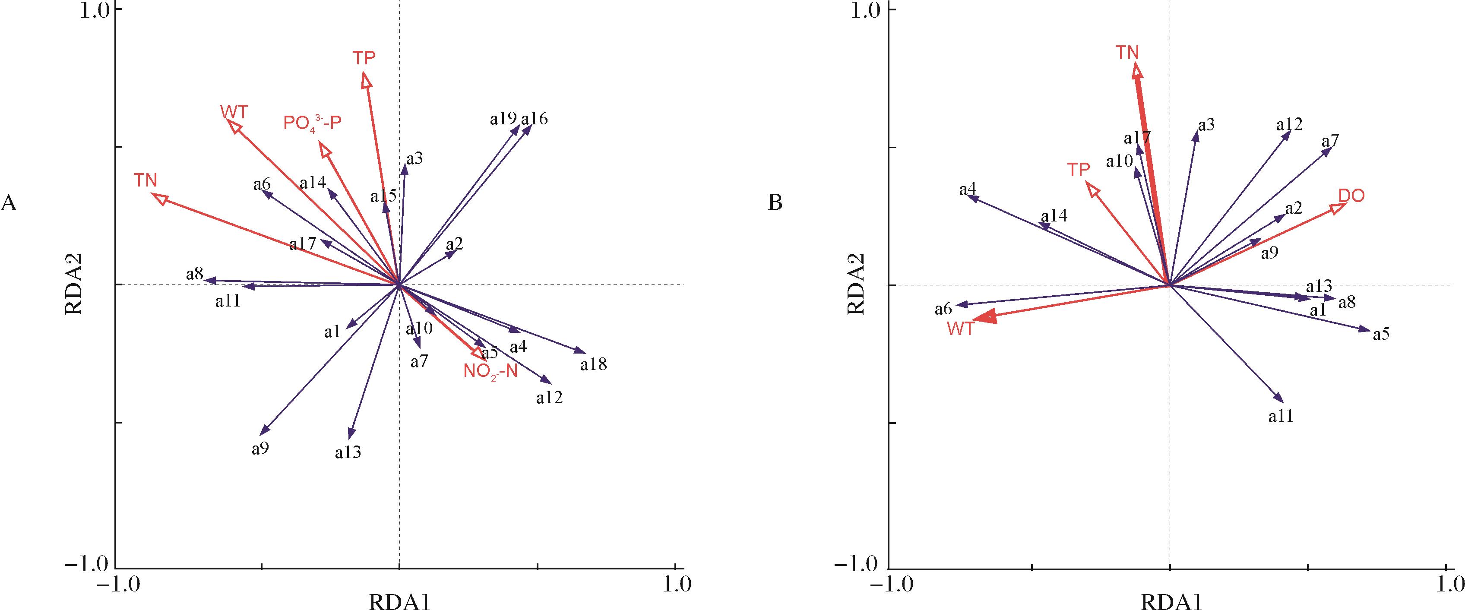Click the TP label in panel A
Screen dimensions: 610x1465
pyautogui.click(x=364, y=58)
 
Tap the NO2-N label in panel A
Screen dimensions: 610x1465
pyautogui.click(x=490, y=372)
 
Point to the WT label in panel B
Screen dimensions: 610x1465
pyautogui.click(x=961, y=329)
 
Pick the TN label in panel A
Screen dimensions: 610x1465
pyautogui.click(x=146, y=180)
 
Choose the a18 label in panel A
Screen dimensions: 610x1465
pyautogui.click(x=594, y=364)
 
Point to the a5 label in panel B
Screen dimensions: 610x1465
pyautogui.click(x=1381, y=334)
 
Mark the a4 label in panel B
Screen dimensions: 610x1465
pyautogui.click(x=968, y=190)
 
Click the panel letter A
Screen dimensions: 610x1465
pyautogui.click(x=9, y=203)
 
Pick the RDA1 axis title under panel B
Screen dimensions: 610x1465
pyautogui.click(x=1169, y=597)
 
